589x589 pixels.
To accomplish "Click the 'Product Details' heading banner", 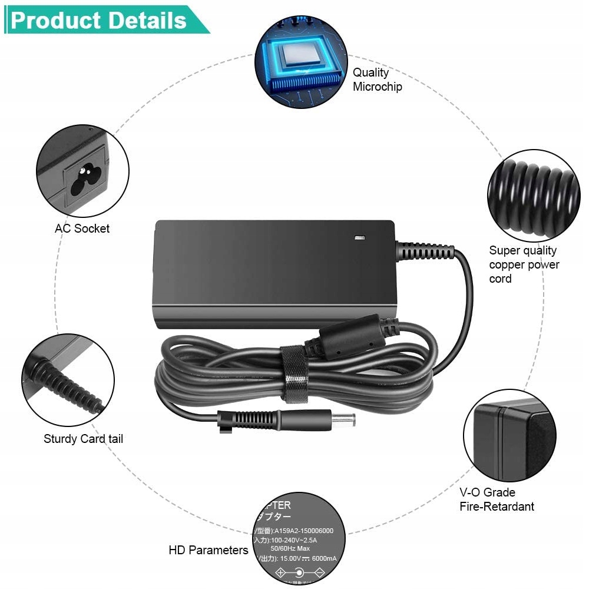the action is tap(99, 21).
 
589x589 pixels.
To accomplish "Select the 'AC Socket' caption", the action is tap(82, 229).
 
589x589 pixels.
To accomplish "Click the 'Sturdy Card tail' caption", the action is tap(83, 439).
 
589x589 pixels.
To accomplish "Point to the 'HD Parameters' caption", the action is tap(209, 550).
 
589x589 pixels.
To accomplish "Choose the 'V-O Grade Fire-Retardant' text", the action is tap(497, 499).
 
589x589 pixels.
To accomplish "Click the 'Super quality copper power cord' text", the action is tap(524, 264).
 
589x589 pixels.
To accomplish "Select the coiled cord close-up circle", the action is tap(534, 195).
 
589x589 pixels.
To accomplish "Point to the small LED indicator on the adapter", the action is tap(359, 238).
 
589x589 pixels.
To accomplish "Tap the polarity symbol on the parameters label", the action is tap(300, 573).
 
